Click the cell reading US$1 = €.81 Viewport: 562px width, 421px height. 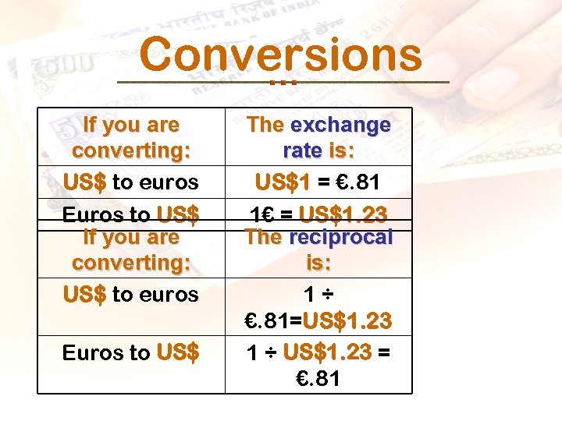(318, 183)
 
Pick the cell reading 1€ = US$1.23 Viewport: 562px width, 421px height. (318, 214)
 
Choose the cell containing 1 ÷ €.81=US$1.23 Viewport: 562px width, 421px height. (318, 308)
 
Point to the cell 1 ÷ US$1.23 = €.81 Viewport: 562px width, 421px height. (318, 366)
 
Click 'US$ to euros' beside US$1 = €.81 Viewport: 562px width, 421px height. (131, 183)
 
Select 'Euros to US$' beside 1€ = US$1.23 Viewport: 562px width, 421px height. (131, 214)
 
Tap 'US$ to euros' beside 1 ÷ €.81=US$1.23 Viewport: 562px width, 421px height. (131, 295)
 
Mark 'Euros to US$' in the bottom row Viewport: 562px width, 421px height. (131, 352)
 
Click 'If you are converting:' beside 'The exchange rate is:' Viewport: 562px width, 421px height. (131, 137)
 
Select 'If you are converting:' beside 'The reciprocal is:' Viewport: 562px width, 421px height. (131, 249)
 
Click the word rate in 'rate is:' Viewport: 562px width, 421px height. (301, 150)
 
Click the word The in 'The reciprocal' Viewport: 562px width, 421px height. (265, 238)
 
